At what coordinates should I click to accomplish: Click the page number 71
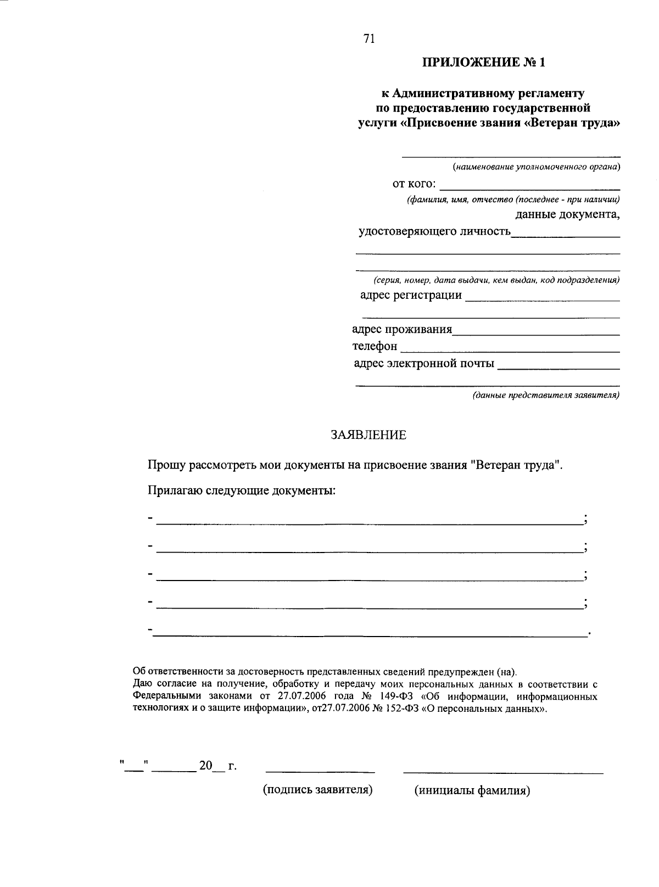click(x=368, y=38)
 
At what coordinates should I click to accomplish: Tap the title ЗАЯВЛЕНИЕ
click(x=368, y=436)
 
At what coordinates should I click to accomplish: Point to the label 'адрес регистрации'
click(x=411, y=295)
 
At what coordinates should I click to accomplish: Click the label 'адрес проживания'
click(x=402, y=330)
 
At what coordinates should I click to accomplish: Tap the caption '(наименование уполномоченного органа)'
click(x=536, y=166)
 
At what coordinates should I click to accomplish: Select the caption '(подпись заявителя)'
click(x=318, y=790)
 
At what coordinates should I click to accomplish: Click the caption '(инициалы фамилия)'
click(x=472, y=791)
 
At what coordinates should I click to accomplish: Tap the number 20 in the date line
click(x=205, y=766)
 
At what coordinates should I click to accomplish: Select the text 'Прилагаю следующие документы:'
click(x=242, y=490)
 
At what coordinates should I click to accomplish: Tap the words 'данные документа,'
click(x=567, y=215)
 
